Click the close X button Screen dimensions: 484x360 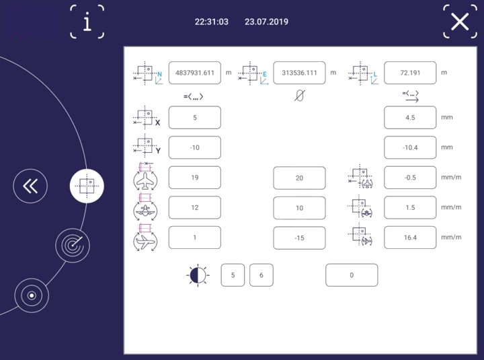[460, 22]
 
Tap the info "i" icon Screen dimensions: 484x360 [87, 22]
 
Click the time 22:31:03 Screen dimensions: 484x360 [212, 22]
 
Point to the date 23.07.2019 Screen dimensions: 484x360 [266, 22]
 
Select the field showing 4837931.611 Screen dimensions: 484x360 [195, 73]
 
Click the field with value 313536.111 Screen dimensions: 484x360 [299, 73]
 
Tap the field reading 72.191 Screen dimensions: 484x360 [410, 73]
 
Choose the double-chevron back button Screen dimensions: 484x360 [30, 186]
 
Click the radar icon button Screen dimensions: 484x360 [73, 246]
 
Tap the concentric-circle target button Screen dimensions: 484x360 [32, 295]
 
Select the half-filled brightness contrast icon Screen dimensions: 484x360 [198, 275]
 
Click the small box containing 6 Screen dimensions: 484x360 [261, 275]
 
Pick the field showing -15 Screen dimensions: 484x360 [299, 238]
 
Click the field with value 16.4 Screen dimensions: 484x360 [410, 238]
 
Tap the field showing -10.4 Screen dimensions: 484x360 [410, 147]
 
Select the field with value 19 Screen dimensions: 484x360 [195, 178]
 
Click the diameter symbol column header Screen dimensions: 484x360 [299, 96]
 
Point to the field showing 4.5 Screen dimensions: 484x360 [410, 118]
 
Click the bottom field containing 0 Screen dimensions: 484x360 [352, 275]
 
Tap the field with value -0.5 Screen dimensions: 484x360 [410, 178]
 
